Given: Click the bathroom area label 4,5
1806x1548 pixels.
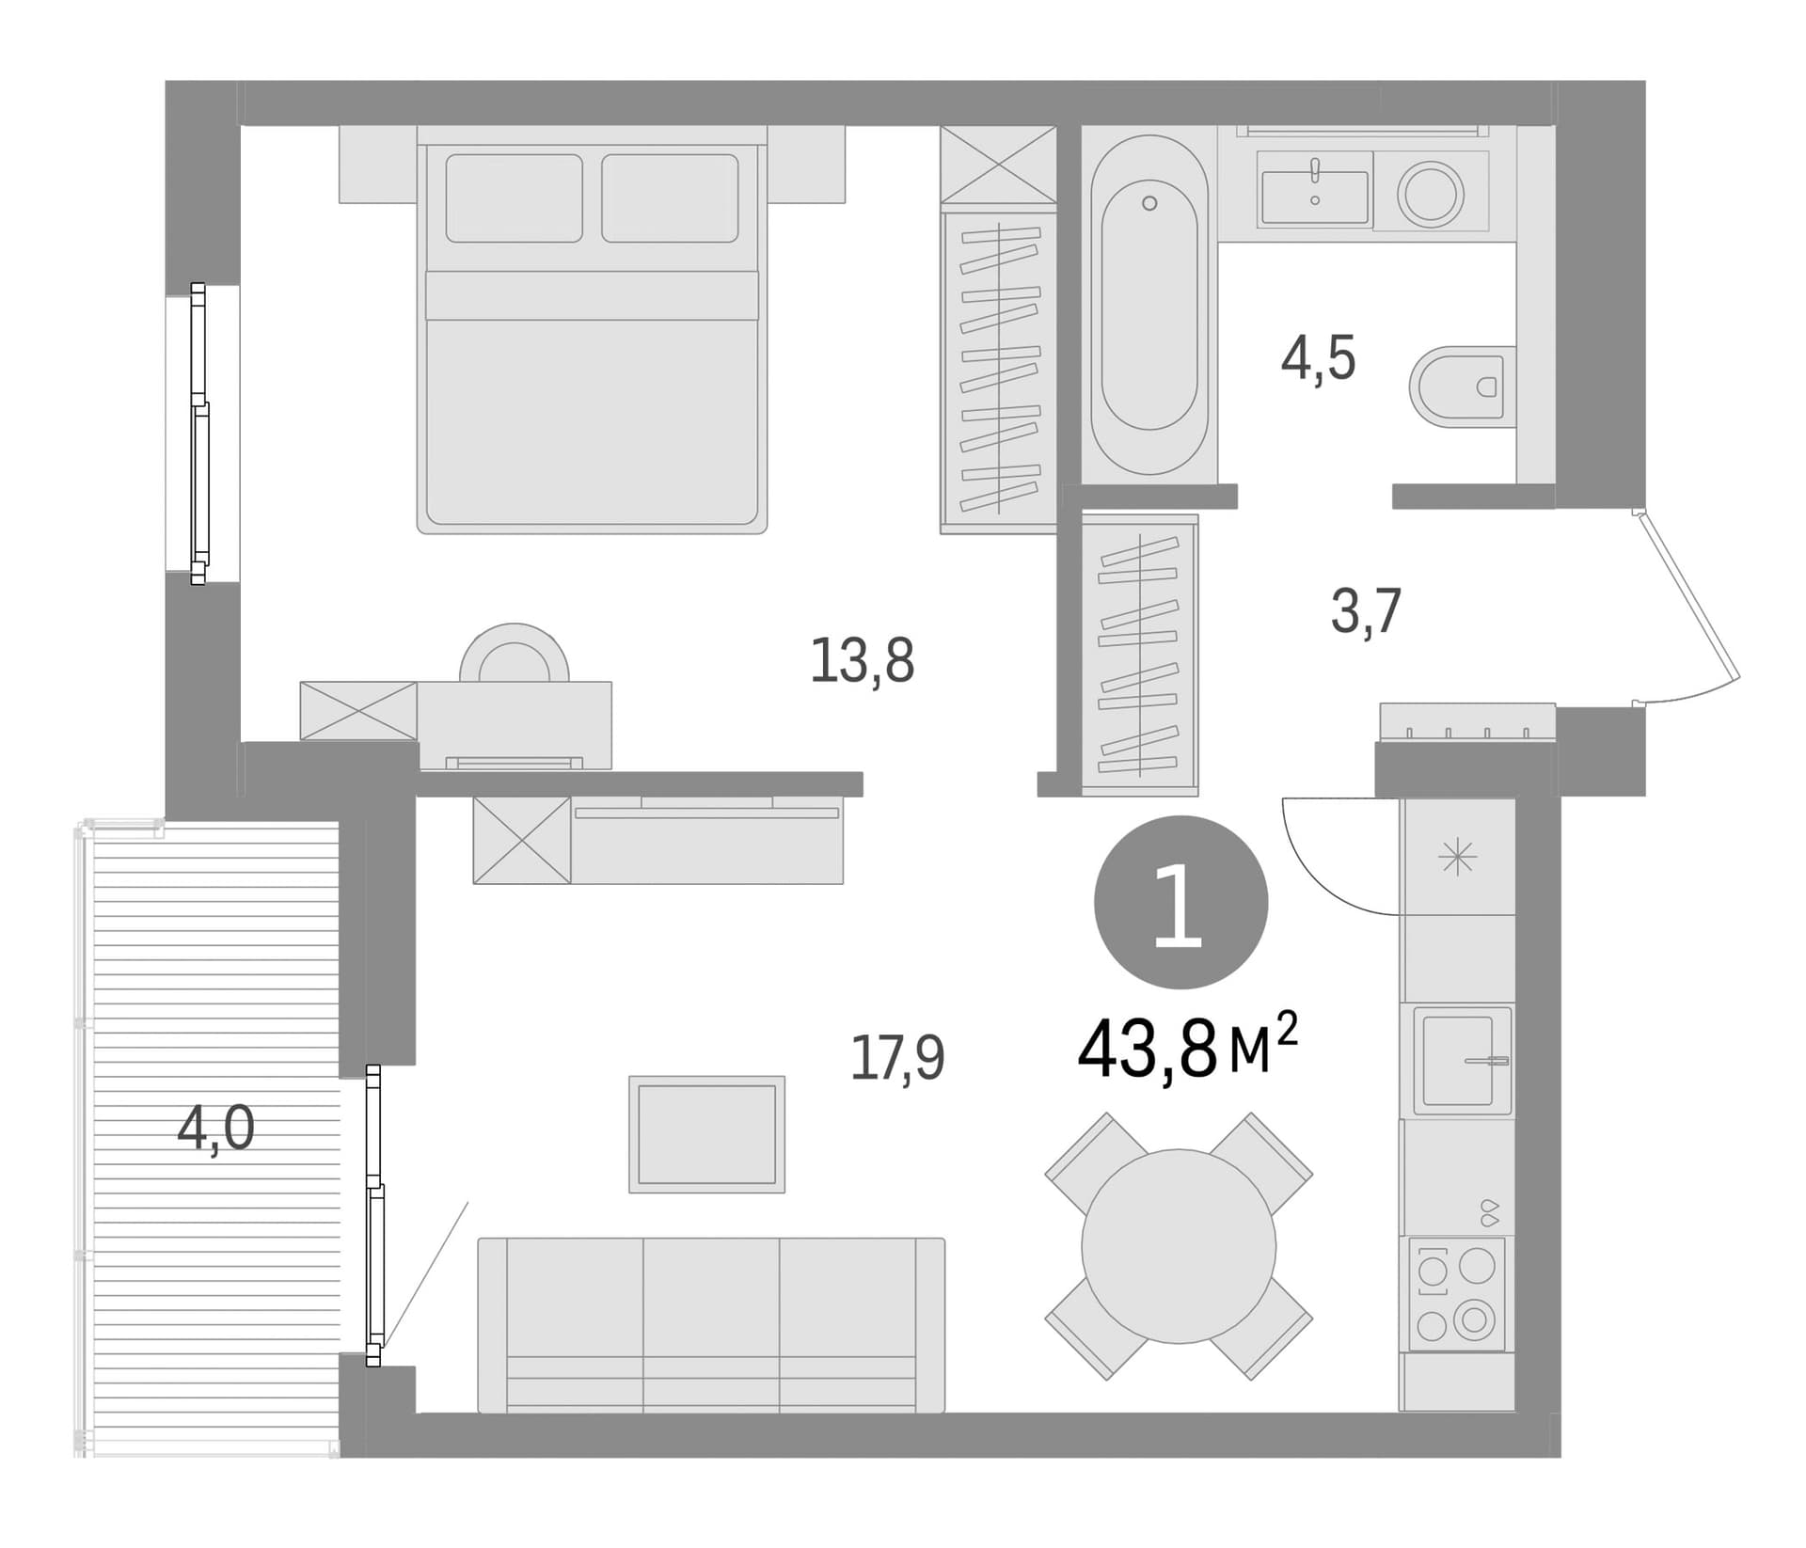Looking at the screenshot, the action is click(x=1318, y=358).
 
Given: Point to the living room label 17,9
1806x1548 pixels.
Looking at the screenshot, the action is click(x=896, y=1057).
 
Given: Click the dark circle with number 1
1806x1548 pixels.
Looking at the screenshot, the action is click(x=1180, y=902).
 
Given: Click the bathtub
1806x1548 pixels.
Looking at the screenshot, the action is click(x=1149, y=306).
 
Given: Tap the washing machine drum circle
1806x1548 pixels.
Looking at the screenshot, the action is click(x=1430, y=194).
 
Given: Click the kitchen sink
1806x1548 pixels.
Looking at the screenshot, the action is click(x=1457, y=1060).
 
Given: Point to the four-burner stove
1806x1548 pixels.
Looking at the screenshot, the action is click(x=1454, y=1293).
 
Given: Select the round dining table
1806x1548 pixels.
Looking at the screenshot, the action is click(x=1179, y=1246).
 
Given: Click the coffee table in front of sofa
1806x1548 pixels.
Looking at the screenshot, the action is click(x=706, y=1134).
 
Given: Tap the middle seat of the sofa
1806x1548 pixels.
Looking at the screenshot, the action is click(x=711, y=1325).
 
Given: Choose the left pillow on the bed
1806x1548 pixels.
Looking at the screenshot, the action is click(x=514, y=197).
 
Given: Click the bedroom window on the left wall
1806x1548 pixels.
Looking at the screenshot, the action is click(x=198, y=434).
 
